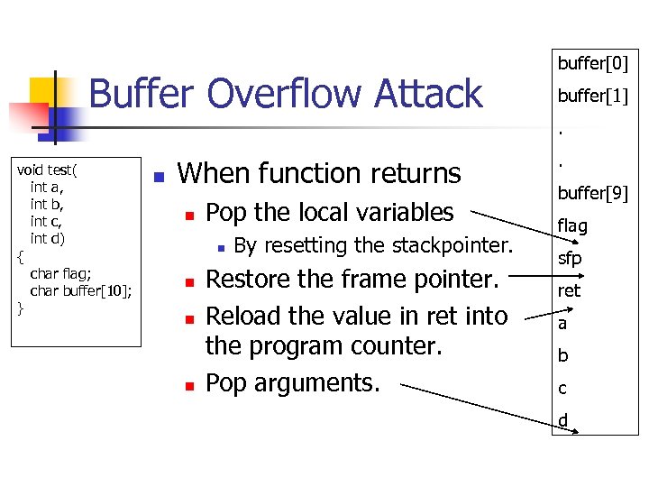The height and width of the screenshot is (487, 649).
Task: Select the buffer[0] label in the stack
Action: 592,63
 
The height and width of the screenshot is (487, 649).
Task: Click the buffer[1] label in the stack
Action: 592,96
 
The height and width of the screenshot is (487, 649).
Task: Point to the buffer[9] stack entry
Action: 592,193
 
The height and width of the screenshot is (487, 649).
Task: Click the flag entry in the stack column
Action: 572,225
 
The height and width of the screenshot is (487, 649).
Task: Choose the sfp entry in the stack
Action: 570,258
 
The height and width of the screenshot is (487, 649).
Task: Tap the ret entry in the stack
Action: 569,290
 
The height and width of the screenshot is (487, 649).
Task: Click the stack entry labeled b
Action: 563,355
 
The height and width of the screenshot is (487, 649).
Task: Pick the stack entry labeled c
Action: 562,388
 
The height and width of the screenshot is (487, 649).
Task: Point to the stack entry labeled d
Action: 563,419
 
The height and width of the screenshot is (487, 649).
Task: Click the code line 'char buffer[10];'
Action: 81,290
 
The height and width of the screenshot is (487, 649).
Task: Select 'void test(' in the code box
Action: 48,171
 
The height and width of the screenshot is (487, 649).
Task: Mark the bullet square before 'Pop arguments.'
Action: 190,385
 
